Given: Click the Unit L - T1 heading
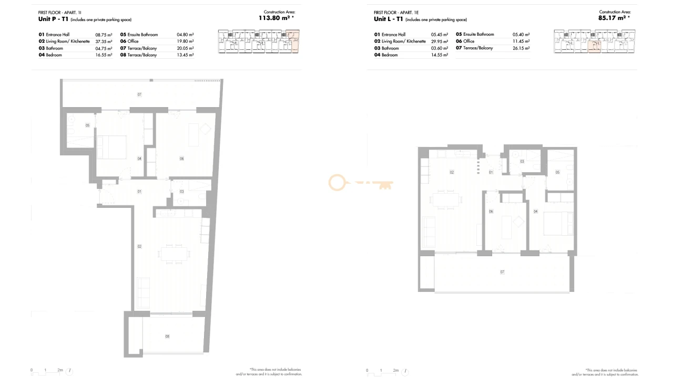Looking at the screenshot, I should coord(388,19).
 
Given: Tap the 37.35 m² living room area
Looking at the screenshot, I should coord(104,41).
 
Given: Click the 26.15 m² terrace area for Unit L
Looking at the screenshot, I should coord(521,48).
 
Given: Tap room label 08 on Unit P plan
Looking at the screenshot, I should coord(167,337).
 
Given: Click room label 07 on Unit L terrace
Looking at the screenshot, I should coord(502,272).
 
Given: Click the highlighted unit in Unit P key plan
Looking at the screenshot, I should coord(293,42).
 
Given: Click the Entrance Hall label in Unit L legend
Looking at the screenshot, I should coord(393,34).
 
